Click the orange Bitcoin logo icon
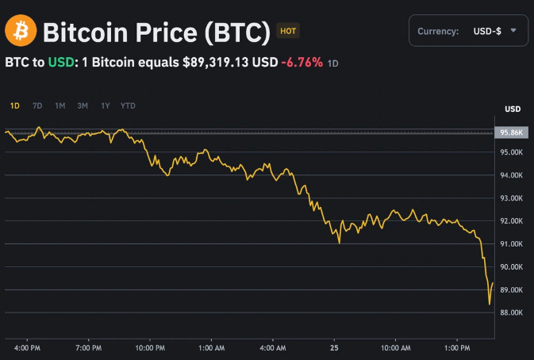[x=21, y=32]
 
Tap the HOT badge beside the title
[x=287, y=32]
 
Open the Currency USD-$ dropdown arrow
[x=514, y=31]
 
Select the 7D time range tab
[x=37, y=105]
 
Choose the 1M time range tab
[x=60, y=105]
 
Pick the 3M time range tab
[x=83, y=105]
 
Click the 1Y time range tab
[x=105, y=105]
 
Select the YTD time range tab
[x=128, y=105]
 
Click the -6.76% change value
[x=302, y=62]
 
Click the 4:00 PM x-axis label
[x=29, y=347]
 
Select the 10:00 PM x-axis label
[x=150, y=347]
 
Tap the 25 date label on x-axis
[x=334, y=347]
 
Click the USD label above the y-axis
[x=513, y=109]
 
